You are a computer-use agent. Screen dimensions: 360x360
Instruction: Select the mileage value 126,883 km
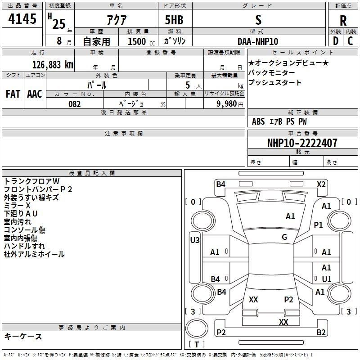point(53,64)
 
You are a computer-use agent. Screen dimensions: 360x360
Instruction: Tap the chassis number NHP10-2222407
point(296,143)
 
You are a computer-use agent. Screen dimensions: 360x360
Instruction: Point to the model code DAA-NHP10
point(258,41)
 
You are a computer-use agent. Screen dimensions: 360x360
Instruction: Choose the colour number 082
point(74,104)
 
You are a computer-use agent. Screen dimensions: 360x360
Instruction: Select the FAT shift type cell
point(13,94)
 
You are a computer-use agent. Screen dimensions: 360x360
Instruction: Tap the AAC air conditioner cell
point(35,94)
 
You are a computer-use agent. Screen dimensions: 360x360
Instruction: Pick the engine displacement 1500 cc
point(137,41)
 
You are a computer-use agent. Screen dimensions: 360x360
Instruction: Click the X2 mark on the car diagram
point(321,184)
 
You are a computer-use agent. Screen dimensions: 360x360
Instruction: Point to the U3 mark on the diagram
point(194,240)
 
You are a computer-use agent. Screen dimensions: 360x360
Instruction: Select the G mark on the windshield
point(284,237)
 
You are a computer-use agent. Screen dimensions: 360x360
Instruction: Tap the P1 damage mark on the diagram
point(319,225)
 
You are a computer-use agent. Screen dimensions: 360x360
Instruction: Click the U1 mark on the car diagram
point(327,279)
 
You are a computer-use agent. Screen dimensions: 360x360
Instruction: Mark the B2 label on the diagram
point(321,333)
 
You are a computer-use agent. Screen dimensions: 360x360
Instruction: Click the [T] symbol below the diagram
point(196,344)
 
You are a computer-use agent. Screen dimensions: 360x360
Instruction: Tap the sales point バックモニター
point(272,72)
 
